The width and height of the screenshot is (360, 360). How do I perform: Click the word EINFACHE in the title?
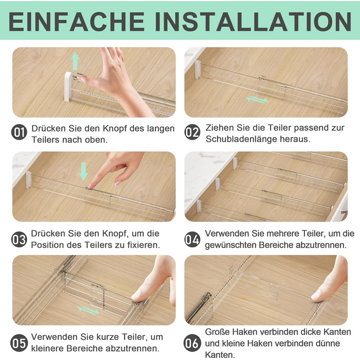click(x=77, y=22)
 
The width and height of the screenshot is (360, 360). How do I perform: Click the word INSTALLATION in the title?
click(x=253, y=22)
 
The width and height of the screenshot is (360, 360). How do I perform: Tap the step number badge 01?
click(x=19, y=132)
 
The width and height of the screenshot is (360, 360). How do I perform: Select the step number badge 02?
click(x=192, y=132)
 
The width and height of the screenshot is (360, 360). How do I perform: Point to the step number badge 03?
click(x=19, y=240)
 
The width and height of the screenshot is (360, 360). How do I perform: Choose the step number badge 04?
click(x=192, y=240)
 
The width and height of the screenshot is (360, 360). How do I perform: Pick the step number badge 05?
click(x=19, y=343)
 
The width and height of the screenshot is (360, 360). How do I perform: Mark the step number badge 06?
click(x=192, y=343)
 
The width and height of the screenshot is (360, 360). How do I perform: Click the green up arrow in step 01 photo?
click(x=75, y=61)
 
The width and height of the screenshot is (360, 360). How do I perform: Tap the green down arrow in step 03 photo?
click(x=83, y=171)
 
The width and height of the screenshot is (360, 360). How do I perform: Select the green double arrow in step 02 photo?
click(x=257, y=100)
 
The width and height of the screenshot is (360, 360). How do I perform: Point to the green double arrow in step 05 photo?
click(x=88, y=311)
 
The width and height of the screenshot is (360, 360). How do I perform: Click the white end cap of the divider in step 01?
click(x=68, y=86)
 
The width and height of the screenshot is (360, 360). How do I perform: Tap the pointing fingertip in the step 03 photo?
click(x=90, y=186)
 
